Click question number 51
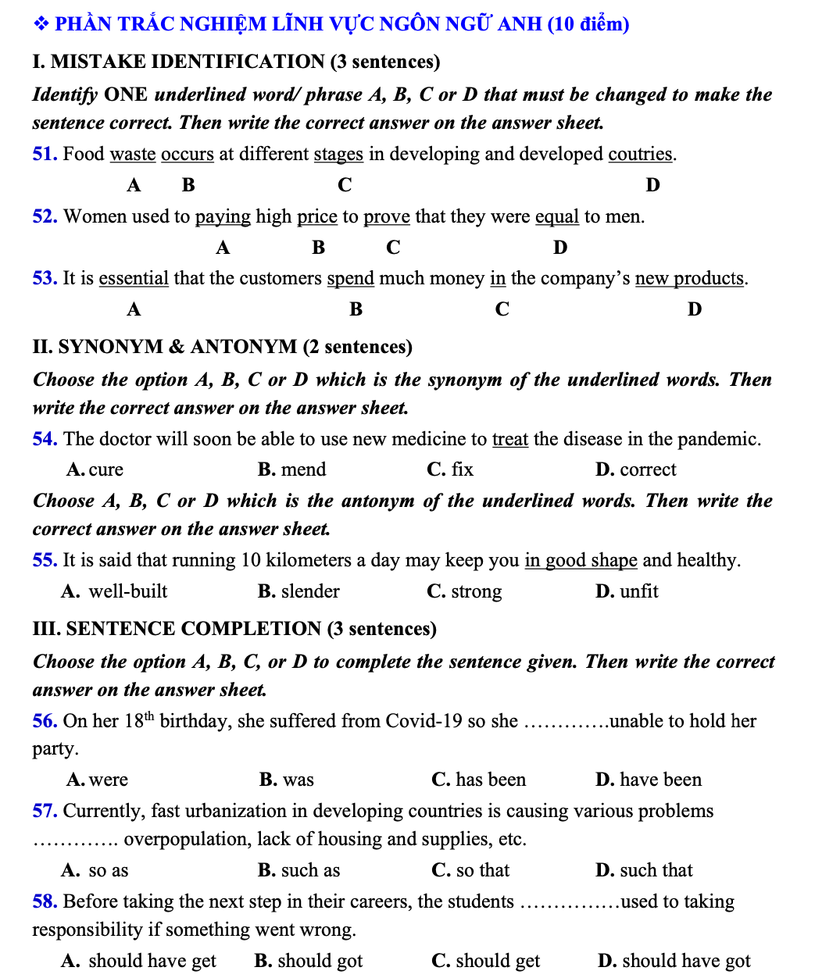(45, 154)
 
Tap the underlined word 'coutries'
(640, 154)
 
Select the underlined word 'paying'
(223, 216)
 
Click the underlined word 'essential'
(134, 278)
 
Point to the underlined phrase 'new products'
(689, 278)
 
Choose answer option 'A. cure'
(95, 469)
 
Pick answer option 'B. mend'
(292, 469)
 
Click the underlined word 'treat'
(510, 439)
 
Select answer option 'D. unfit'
(627, 591)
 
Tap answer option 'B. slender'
(298, 591)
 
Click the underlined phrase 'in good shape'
(581, 560)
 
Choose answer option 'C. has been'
(478, 780)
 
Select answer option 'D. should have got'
(674, 961)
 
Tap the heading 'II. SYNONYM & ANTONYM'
(222, 347)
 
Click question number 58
(45, 901)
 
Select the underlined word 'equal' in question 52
(557, 216)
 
